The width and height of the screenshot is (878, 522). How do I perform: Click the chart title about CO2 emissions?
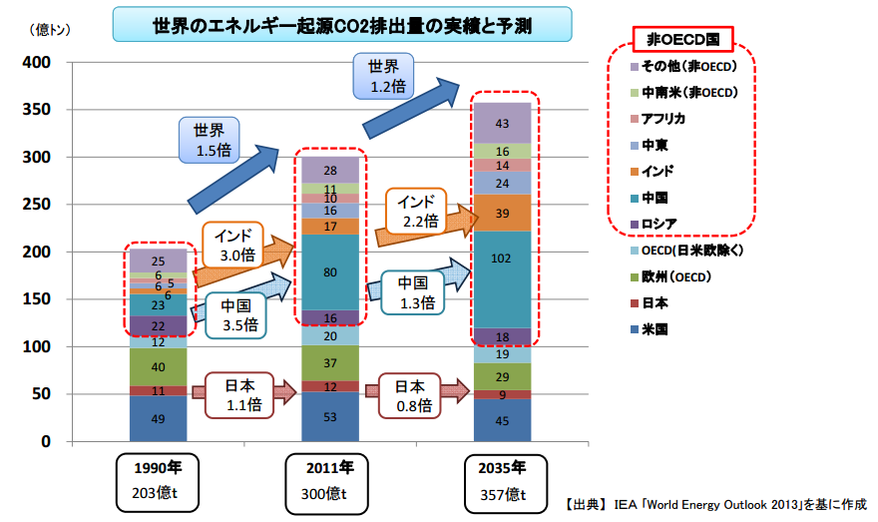[x=342, y=25]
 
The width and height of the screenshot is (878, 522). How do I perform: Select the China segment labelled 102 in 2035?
[x=502, y=279]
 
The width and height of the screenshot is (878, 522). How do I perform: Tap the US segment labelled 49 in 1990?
[x=158, y=418]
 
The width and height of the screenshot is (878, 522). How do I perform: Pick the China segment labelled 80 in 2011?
[x=330, y=272]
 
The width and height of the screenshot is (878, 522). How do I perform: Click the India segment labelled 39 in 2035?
[x=502, y=213]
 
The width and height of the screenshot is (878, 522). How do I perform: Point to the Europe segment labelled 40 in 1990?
[x=158, y=367]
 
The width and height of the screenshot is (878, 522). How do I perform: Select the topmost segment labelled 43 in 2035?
[x=502, y=123]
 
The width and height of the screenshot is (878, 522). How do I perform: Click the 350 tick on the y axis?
[x=37, y=109]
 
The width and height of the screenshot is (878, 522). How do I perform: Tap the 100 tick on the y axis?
[x=37, y=346]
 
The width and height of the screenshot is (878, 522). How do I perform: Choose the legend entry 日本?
[x=649, y=303]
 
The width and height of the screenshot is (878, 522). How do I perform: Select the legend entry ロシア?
[x=654, y=224]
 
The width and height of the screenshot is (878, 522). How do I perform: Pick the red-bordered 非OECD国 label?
[x=682, y=39]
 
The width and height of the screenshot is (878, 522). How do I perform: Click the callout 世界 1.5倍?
[x=210, y=140]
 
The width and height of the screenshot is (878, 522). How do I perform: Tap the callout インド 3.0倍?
[x=232, y=246]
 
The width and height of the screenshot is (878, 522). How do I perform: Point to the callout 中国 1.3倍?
[x=413, y=292]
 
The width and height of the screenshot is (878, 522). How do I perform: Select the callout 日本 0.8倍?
[x=410, y=395]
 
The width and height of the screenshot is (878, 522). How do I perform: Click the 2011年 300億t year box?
[x=326, y=483]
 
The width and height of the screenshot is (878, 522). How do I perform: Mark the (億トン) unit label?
[x=50, y=29]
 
